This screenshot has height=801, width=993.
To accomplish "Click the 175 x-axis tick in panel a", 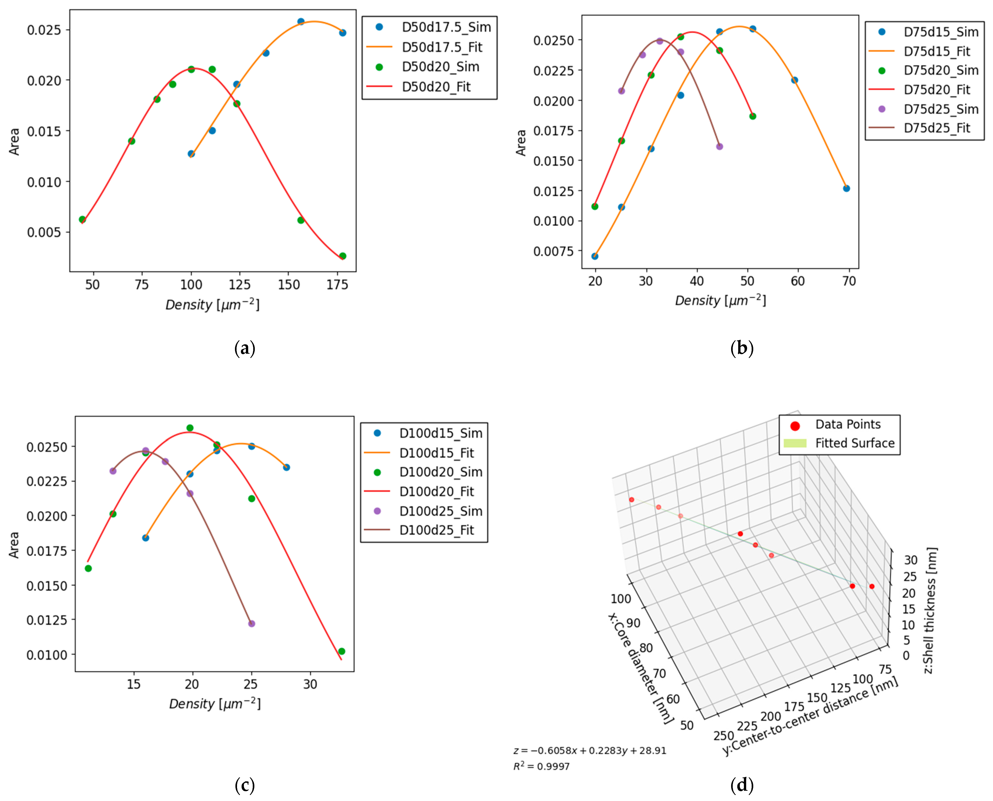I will coord(337,285).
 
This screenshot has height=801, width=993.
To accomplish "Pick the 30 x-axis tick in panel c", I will coord(310,684).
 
